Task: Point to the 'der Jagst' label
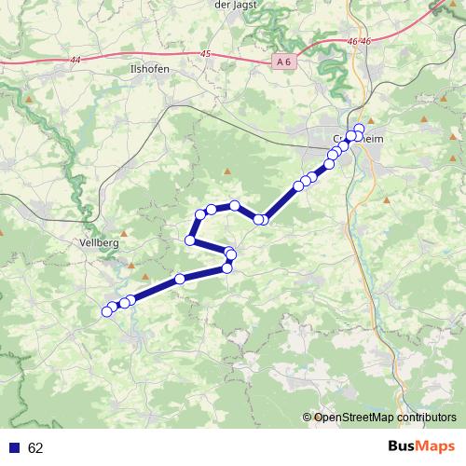pyautogui.click(x=234, y=5)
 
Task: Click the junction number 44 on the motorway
pyautogui.click(x=75, y=60)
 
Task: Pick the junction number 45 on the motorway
pyautogui.click(x=205, y=55)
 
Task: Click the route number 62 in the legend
pyautogui.click(x=35, y=448)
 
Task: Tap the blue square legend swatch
pyautogui.click(x=14, y=448)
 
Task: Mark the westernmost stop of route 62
pyautogui.click(x=106, y=311)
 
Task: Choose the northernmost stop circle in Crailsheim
pyautogui.click(x=360, y=127)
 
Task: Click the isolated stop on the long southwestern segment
pyautogui.click(x=180, y=280)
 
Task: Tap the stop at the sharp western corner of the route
pyautogui.click(x=190, y=240)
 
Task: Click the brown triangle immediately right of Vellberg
pyautogui.click(x=123, y=234)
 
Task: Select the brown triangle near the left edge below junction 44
pyautogui.click(x=31, y=98)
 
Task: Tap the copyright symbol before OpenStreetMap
pyautogui.click(x=308, y=418)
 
